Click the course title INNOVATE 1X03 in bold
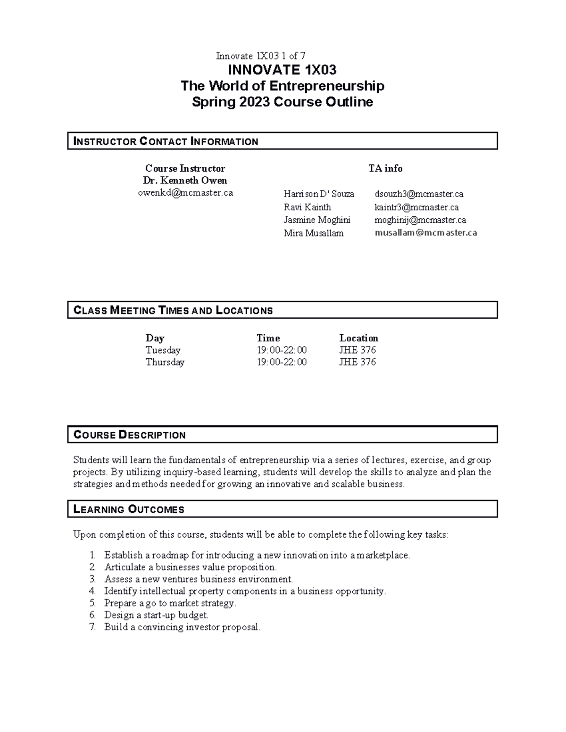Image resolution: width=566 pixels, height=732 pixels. coord(282,70)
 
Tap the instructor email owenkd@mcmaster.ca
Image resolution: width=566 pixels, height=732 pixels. coord(185,193)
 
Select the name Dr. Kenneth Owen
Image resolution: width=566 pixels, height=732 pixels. coord(185,181)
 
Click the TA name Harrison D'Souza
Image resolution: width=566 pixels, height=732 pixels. coord(318,194)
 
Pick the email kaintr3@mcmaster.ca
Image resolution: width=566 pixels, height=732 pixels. coord(416,207)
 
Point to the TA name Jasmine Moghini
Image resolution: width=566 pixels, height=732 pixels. coord(317,220)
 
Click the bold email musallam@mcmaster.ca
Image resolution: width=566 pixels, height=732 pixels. coord(425,233)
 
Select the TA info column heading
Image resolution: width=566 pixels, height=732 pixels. coord(385,168)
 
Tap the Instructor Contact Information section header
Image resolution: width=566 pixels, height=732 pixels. coord(166,141)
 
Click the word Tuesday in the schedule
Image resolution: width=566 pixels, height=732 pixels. coord(163,350)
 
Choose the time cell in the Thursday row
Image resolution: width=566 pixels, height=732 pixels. coord(281,362)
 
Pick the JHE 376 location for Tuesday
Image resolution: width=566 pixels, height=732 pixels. coord(357,350)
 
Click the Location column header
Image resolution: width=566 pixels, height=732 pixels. coord(358,338)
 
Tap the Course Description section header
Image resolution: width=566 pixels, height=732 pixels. coord(130,435)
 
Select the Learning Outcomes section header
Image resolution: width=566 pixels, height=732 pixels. coord(129,509)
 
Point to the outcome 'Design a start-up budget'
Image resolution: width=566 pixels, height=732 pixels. coord(156,615)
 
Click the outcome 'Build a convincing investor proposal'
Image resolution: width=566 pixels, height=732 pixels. coord(182,627)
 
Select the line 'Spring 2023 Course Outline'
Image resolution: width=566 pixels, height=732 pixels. coord(282,102)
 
